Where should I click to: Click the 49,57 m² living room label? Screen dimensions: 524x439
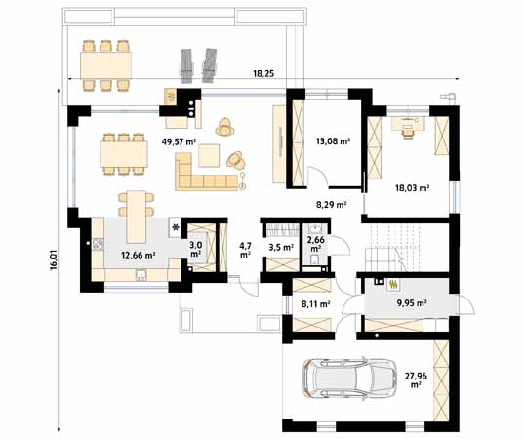[179, 141]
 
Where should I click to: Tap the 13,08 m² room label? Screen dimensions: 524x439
[333, 141]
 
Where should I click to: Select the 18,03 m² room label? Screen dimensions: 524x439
[413, 188]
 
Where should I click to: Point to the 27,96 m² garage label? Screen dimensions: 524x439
[416, 379]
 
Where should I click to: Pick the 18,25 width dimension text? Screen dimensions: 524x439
[263, 73]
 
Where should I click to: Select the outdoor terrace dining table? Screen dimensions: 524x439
[105, 65]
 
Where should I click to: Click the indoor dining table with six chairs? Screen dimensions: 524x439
[124, 154]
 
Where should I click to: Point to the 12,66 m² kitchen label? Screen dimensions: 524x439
[139, 256]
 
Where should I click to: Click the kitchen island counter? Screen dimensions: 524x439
[136, 217]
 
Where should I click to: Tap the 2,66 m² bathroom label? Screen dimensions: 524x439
[316, 244]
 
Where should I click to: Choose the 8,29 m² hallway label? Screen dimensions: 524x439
[331, 205]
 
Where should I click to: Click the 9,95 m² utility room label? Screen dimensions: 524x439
[411, 303]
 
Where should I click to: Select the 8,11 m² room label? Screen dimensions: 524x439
[316, 304]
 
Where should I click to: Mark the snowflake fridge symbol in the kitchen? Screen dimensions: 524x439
[175, 227]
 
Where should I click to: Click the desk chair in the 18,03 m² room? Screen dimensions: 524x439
[407, 133]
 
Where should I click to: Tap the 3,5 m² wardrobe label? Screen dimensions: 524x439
[281, 247]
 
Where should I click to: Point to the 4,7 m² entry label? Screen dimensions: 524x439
[245, 250]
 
